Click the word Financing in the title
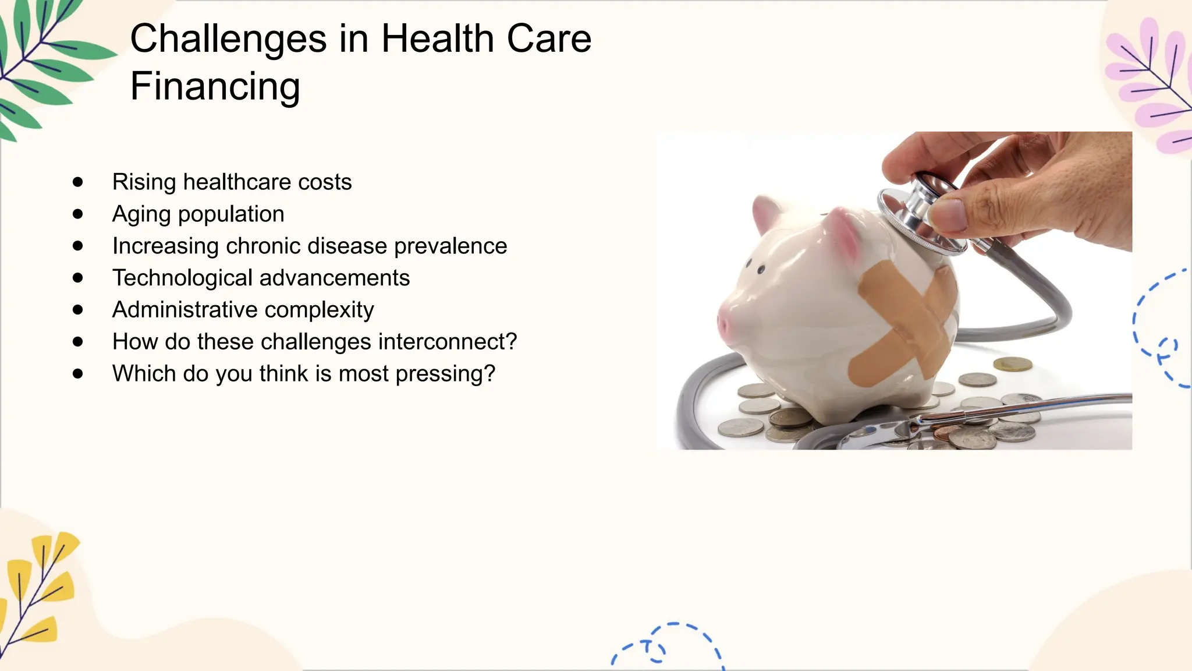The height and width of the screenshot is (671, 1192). coord(215,86)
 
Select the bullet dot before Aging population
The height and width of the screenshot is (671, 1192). coord(78,214)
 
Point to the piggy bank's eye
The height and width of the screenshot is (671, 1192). coord(761,270)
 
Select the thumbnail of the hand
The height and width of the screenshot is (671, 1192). coord(946,215)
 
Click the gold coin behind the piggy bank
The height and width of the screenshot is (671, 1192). coord(1012,365)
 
